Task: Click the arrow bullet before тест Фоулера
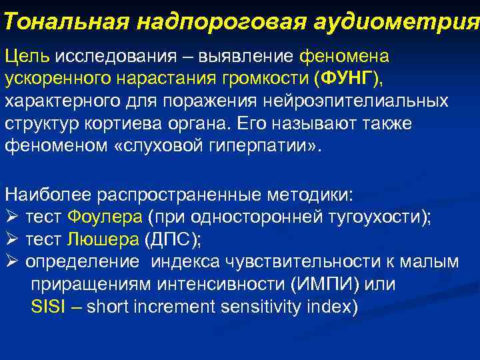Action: coord(11,217)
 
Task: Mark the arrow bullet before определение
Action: coord(11,262)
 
